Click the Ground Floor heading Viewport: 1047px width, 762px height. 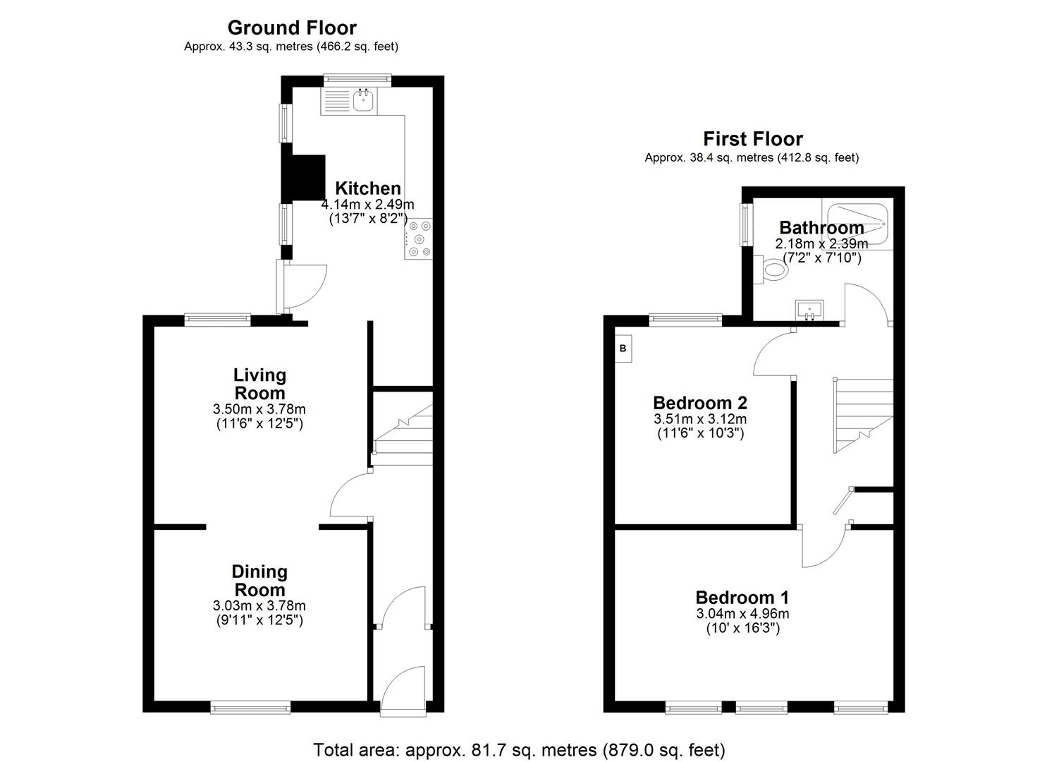pos(291,28)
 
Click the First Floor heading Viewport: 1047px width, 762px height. pos(752,138)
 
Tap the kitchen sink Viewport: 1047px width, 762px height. pos(362,101)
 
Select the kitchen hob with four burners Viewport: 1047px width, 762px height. pos(418,239)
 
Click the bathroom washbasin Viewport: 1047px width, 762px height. pos(809,309)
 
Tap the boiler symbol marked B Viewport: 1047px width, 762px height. pos(623,349)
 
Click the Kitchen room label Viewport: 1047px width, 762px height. pos(367,188)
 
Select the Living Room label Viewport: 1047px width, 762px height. pos(259,384)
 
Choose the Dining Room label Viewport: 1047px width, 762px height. pos(259,581)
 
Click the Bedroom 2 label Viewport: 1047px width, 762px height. pos(699,403)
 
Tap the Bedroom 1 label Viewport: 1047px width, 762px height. pos(742,597)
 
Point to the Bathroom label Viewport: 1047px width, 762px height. pos(821,227)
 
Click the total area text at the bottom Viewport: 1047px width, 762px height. pos(519,749)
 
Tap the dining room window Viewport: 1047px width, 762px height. pos(250,706)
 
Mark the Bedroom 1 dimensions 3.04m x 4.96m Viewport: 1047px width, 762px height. pos(742,613)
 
